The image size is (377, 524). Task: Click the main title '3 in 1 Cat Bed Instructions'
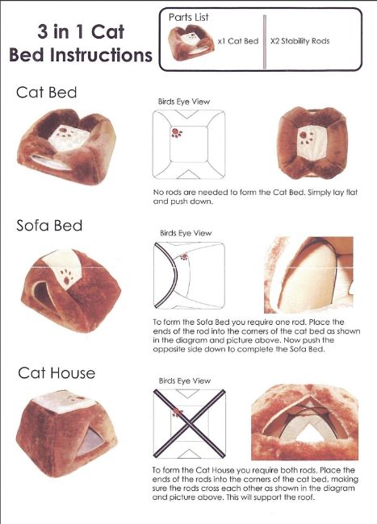(81, 44)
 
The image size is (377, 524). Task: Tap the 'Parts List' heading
(188, 17)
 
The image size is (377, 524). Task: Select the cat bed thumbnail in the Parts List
(191, 43)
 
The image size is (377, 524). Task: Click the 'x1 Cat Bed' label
(238, 41)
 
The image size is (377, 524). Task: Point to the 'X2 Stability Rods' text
(300, 41)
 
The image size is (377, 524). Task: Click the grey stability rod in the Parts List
(265, 42)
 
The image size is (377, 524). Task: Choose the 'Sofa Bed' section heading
(49, 226)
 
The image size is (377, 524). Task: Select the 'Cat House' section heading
(57, 373)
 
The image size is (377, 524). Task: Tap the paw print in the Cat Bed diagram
(177, 133)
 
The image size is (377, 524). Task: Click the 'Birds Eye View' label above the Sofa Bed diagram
(186, 233)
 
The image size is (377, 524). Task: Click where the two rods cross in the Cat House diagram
(190, 424)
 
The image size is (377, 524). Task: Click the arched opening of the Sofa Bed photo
(43, 295)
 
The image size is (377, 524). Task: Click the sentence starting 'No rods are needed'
(255, 197)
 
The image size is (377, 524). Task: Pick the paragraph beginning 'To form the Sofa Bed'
(257, 336)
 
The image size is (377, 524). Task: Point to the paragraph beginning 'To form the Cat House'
(255, 484)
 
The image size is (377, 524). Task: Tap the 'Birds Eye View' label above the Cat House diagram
(185, 381)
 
